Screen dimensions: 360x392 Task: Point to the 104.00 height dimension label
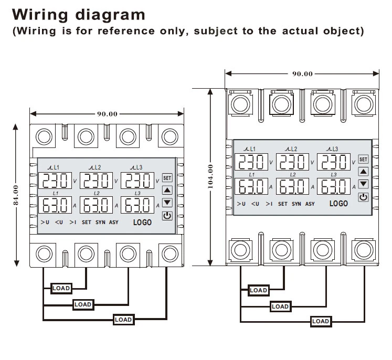pos(210,176)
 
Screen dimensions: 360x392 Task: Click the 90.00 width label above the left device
pos(107,113)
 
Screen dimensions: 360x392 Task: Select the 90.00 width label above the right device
pos(302,74)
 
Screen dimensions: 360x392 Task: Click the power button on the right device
pos(363,197)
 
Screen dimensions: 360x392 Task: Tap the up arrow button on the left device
pos(167,190)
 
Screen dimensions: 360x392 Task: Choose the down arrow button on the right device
pos(363,184)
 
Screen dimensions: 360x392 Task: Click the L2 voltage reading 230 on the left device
pos(95,181)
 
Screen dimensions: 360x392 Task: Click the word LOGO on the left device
pos(142,223)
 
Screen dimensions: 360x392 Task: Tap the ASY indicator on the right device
pos(310,204)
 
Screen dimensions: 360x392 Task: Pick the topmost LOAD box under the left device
pos(61,288)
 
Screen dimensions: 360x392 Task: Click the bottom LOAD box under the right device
pos(321,321)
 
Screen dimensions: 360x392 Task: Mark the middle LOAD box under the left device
pos(82,304)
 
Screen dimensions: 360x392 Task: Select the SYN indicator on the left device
pos(100,223)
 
